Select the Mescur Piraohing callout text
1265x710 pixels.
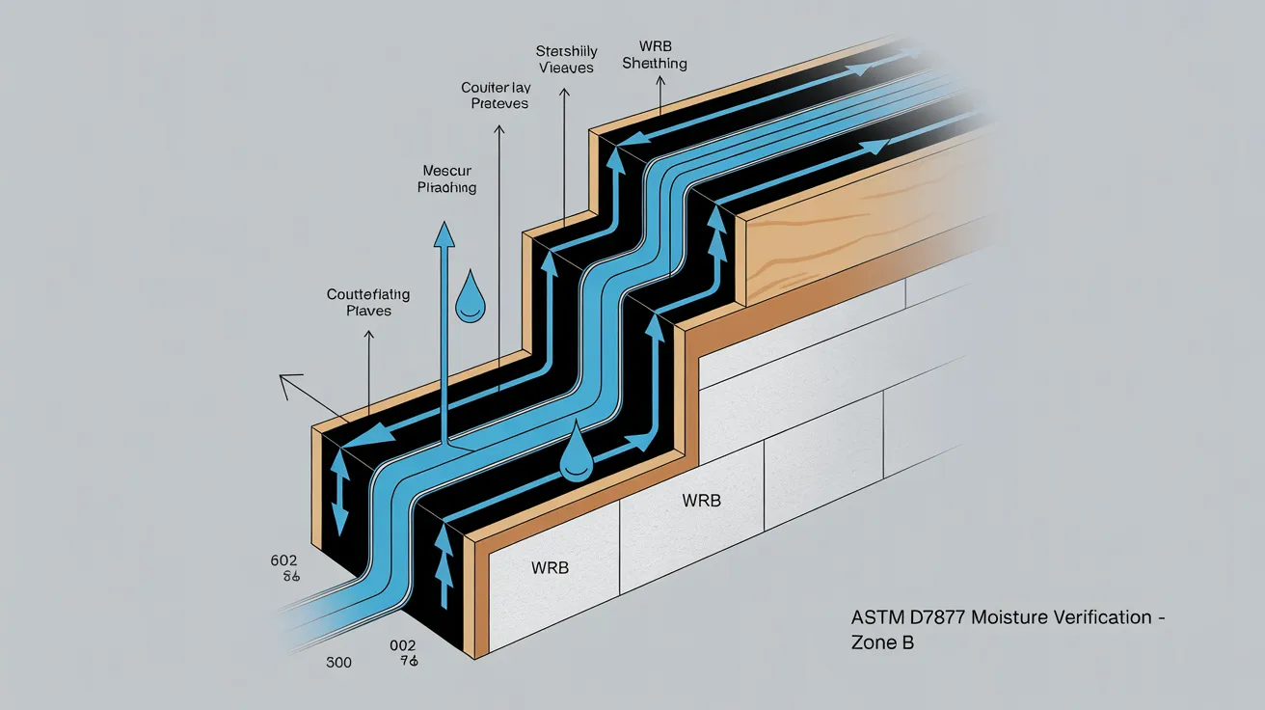(x=446, y=178)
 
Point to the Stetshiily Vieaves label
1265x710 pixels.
(x=568, y=59)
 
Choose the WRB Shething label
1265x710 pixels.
(x=655, y=55)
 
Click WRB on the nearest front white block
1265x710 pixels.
(x=550, y=567)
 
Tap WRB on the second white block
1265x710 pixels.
(x=701, y=501)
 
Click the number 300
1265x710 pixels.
(x=338, y=662)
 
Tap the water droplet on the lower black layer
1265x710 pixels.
(x=576, y=455)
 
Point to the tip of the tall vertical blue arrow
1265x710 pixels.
(x=444, y=232)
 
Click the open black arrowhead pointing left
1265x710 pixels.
(x=287, y=388)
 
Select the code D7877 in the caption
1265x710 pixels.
(x=923, y=617)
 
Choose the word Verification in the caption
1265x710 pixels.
(x=1097, y=617)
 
